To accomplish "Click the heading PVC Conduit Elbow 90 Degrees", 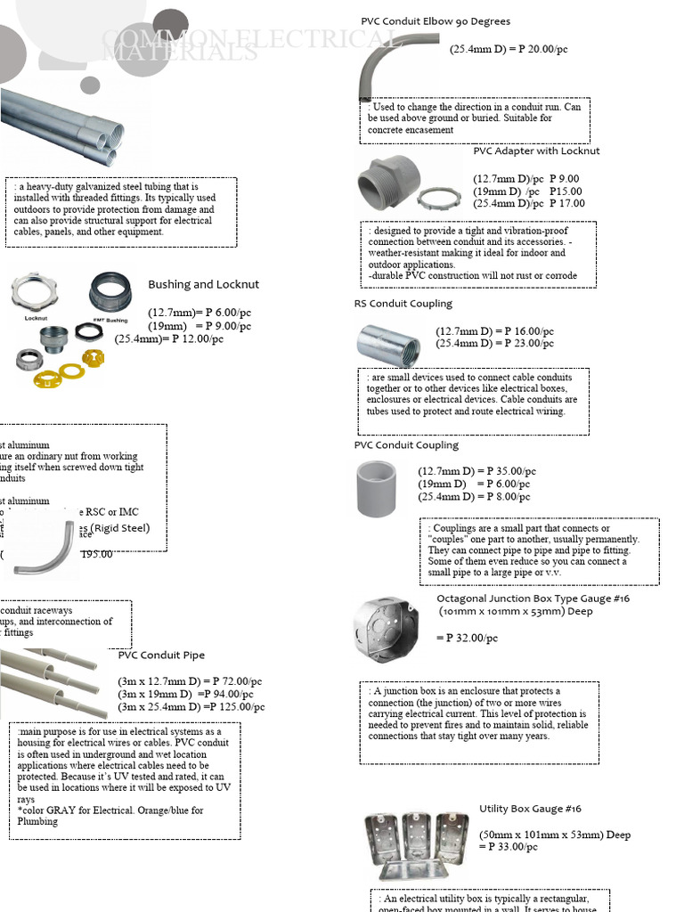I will coord(436,21).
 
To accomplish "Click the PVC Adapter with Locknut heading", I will coord(536,151).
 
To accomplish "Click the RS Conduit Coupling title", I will coord(403,304).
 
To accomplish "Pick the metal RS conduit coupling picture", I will coord(388,344).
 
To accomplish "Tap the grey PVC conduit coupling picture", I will coord(376,488).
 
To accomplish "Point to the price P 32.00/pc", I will coord(468,638).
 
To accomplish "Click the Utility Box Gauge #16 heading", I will coord(530,809).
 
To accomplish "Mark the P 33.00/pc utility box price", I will coord(511,847).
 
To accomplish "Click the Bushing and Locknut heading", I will coord(203,284).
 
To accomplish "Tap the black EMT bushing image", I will coord(110,294).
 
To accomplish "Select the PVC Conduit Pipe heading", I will coord(161,655).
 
